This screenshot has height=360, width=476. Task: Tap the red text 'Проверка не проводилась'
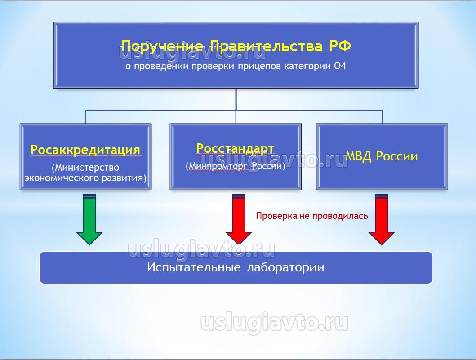click(x=312, y=216)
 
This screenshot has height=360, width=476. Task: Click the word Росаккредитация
click(x=85, y=150)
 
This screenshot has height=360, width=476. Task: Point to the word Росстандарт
click(x=235, y=148)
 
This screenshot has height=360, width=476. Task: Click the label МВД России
click(x=382, y=156)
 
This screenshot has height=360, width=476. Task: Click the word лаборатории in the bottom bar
click(x=286, y=267)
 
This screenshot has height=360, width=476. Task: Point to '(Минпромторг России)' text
click(x=236, y=166)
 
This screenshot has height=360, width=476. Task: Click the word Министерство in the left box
click(x=85, y=168)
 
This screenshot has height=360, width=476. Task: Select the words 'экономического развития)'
click(x=85, y=178)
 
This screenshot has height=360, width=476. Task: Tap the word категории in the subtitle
click(x=308, y=67)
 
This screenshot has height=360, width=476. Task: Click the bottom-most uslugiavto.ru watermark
click(x=274, y=322)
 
